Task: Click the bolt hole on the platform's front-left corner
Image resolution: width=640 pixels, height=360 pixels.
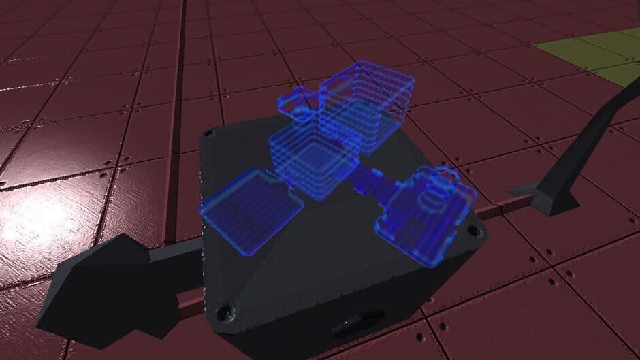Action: (x=223, y=312)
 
